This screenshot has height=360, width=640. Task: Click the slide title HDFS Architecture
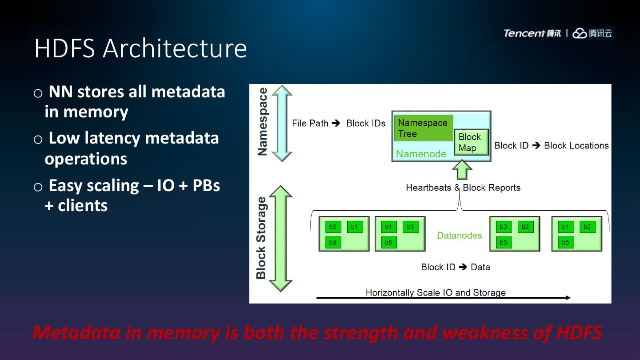click(x=140, y=48)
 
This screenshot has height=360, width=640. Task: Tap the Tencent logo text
click(x=524, y=33)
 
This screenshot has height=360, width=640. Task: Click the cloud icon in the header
click(x=580, y=33)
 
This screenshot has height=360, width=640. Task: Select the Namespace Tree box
click(x=424, y=128)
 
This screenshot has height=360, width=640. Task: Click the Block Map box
click(x=471, y=142)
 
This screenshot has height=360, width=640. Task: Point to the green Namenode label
click(x=421, y=154)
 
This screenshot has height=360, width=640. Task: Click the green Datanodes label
click(x=460, y=236)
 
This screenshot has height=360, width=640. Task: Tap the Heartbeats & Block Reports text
click(x=463, y=188)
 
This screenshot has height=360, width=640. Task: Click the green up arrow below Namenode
click(x=462, y=170)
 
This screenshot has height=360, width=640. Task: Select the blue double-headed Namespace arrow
click(x=282, y=124)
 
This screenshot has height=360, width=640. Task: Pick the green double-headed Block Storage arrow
click(x=281, y=239)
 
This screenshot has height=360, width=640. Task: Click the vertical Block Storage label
click(x=261, y=238)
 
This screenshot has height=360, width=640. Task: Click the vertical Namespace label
click(x=262, y=122)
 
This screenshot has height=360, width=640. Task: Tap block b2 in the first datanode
click(x=333, y=227)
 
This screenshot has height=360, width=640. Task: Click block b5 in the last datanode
click(x=566, y=243)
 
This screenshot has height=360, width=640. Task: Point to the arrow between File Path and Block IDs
click(x=336, y=123)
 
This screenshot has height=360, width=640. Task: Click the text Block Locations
click(x=576, y=146)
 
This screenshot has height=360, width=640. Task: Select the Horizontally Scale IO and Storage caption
click(x=436, y=292)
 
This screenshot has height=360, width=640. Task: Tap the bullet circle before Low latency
click(x=38, y=140)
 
